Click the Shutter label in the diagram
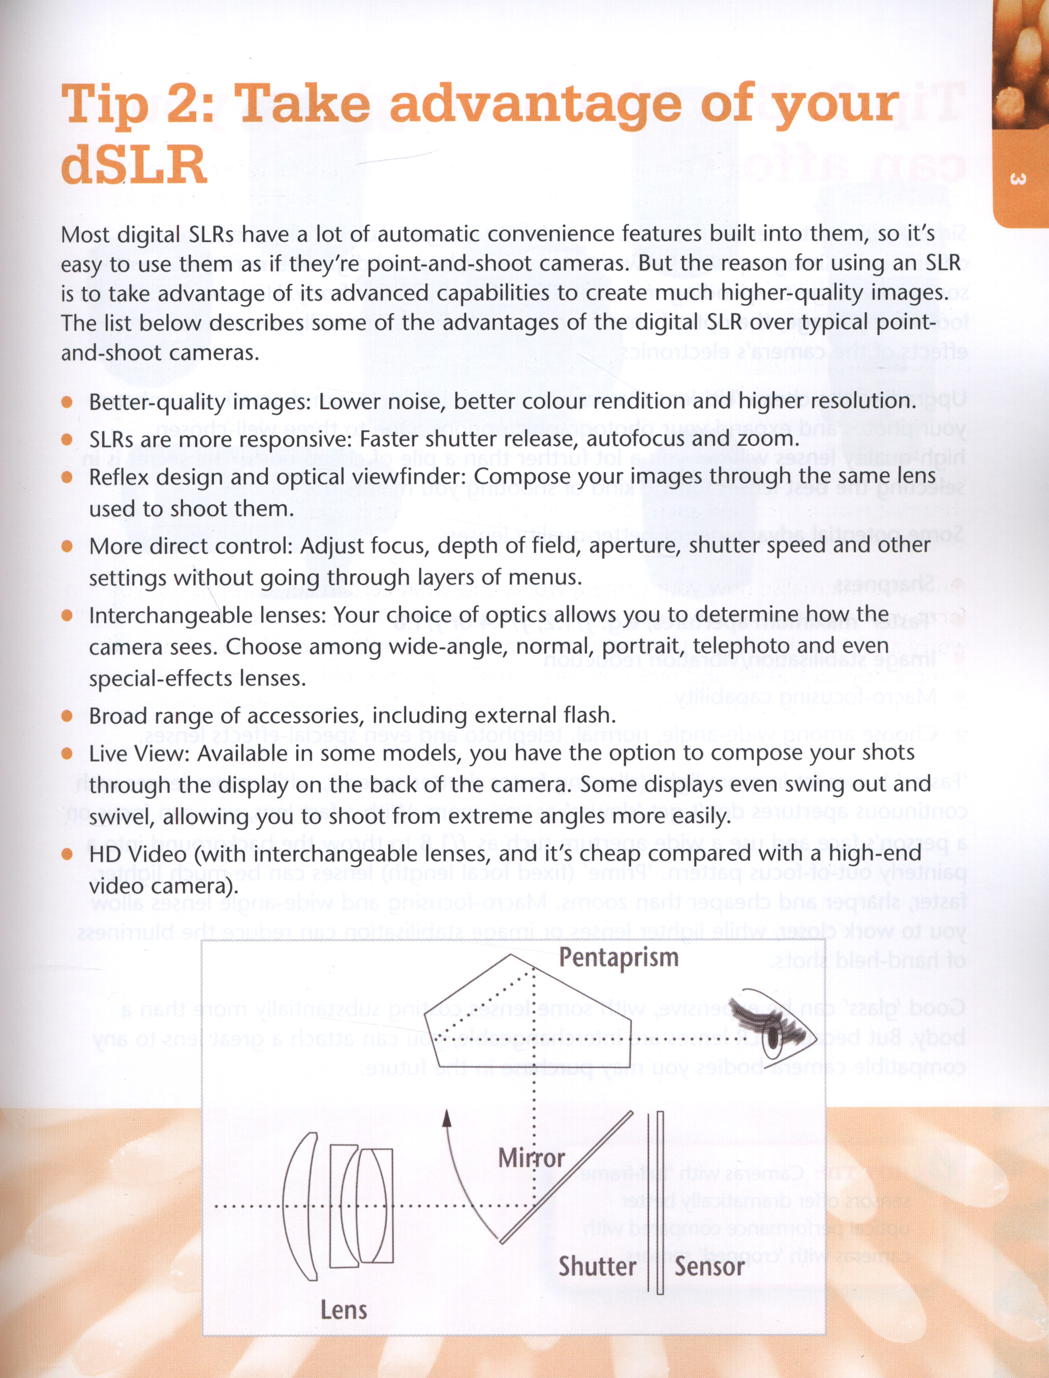[x=597, y=1267]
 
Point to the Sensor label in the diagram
[x=709, y=1267]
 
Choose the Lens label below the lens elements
[x=344, y=1310]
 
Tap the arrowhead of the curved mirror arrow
[x=446, y=1118]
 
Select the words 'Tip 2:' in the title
[x=137, y=103]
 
